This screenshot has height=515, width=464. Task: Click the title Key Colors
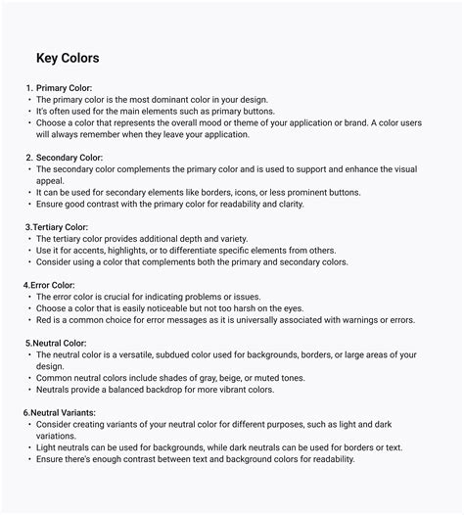click(x=68, y=59)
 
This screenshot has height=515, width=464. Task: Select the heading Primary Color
click(x=64, y=88)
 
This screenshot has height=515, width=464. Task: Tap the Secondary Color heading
click(x=70, y=157)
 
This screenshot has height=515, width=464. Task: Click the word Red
click(x=43, y=319)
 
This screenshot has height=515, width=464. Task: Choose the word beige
click(x=233, y=377)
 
